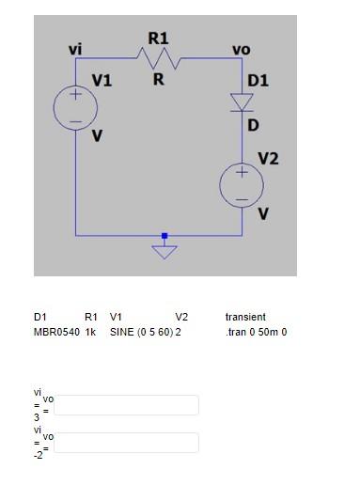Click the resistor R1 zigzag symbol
tap(159, 58)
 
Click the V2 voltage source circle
tap(242, 185)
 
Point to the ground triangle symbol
tap(164, 251)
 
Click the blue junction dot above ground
tap(164, 235)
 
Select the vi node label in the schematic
tap(75, 48)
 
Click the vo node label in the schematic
tap(242, 48)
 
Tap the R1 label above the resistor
tap(158, 38)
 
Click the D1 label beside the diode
tap(258, 81)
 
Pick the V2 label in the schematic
tap(268, 158)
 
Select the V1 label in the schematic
tap(102, 81)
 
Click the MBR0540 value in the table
tap(55, 332)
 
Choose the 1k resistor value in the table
tap(91, 332)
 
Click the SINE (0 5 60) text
tap(141, 332)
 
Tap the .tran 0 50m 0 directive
tap(256, 332)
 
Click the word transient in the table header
tap(245, 317)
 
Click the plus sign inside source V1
tap(75, 96)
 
